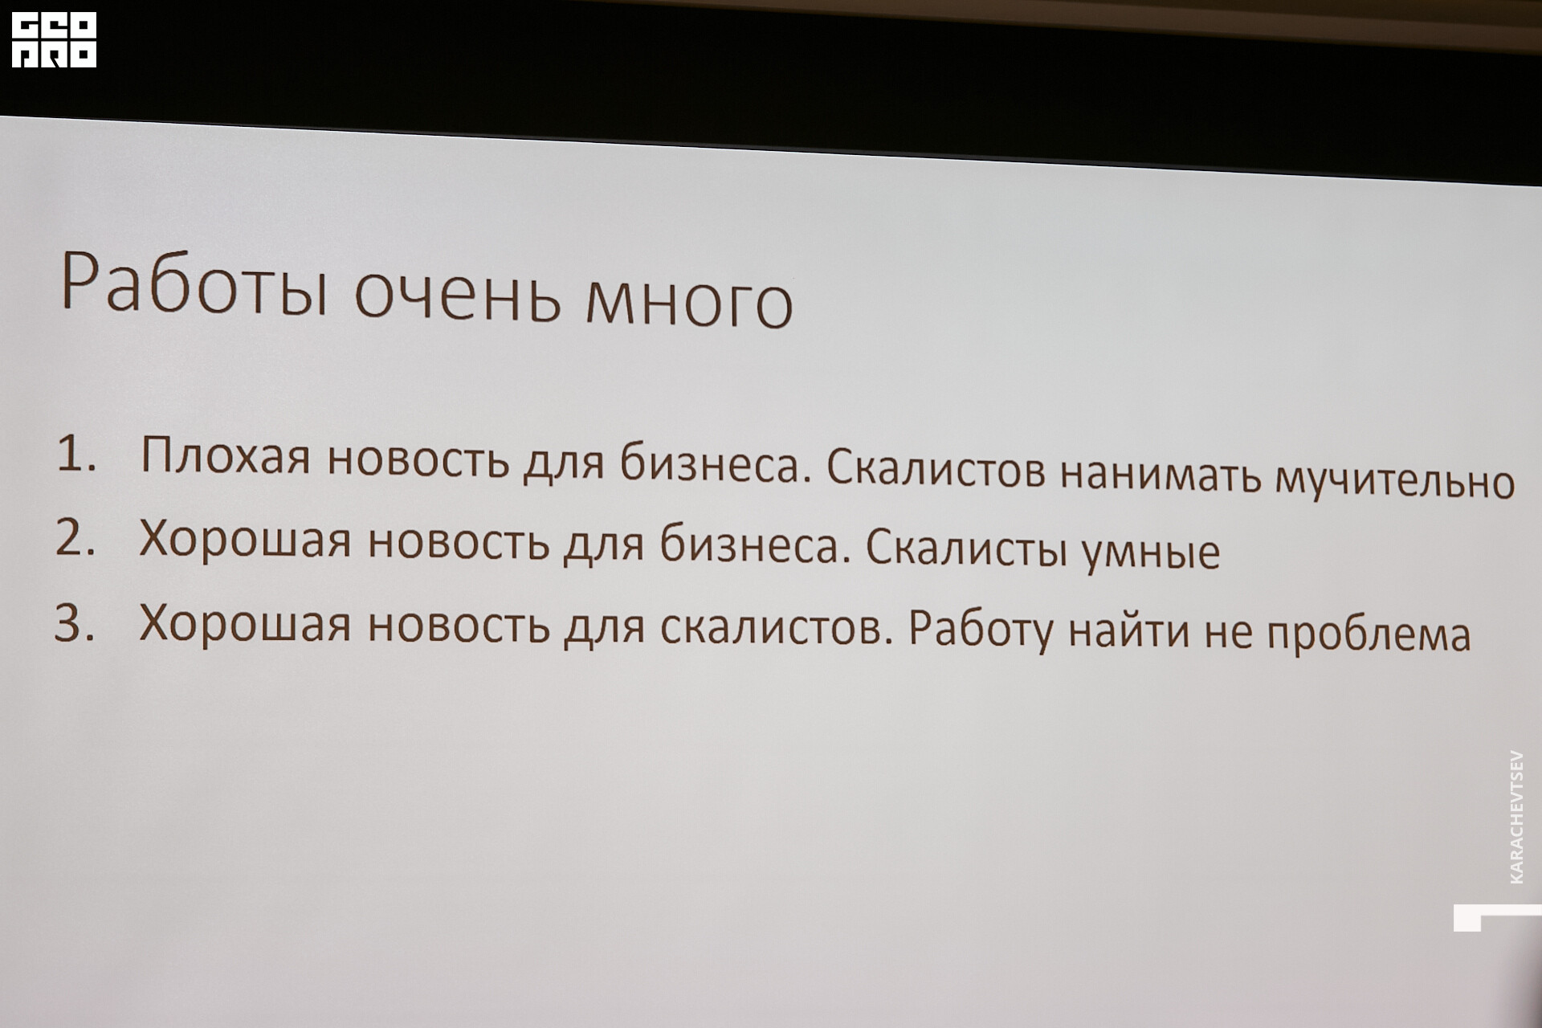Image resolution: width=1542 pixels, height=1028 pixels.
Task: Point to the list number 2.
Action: (x=75, y=538)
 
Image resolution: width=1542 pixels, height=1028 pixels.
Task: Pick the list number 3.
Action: (x=74, y=623)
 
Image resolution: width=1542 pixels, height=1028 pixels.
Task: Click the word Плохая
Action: (x=225, y=457)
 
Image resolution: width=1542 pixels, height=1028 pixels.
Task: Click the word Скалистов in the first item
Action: (x=936, y=468)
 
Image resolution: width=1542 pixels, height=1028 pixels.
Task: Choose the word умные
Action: (x=1151, y=552)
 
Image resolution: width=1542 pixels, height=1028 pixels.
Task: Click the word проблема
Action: (x=1369, y=634)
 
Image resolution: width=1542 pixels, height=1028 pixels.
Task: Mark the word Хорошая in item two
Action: (x=245, y=541)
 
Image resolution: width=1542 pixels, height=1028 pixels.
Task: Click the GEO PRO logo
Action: (x=54, y=39)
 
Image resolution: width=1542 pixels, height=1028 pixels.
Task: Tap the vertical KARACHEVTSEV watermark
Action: (x=1515, y=817)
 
